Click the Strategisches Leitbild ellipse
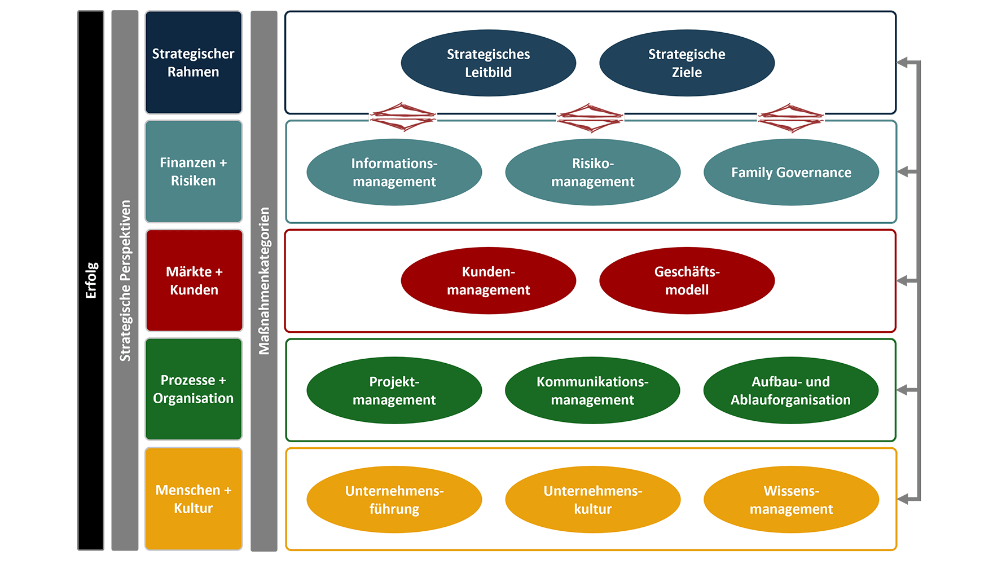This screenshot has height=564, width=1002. point(488,63)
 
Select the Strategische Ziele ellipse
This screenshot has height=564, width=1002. point(687,63)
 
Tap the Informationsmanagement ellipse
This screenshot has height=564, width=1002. point(394,172)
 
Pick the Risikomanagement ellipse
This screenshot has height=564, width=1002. point(592,172)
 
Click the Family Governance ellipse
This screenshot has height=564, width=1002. point(791,172)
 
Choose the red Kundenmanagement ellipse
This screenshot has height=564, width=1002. point(488,280)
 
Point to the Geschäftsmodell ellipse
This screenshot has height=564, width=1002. point(687,280)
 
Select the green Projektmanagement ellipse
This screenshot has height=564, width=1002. point(394,390)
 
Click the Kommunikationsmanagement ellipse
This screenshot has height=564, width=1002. point(592,390)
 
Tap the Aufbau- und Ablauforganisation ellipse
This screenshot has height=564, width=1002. point(790,390)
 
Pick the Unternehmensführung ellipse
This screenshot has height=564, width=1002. point(394,499)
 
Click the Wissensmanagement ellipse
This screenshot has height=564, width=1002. point(791,499)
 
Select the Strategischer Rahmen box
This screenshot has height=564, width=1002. point(194,63)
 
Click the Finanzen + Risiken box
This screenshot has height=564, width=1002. point(194,171)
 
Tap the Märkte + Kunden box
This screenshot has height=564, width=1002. point(194,280)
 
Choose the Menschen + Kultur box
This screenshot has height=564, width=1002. point(194,499)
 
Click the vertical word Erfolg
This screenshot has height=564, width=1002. point(91,280)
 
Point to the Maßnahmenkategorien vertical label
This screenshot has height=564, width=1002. point(263,280)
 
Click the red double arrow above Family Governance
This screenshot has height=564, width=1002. point(790,118)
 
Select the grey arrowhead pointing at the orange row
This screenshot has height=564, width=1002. point(905,499)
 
